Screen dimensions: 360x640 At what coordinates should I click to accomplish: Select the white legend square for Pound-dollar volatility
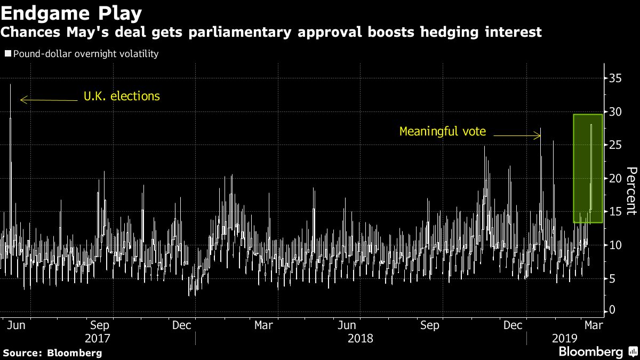coord(7,54)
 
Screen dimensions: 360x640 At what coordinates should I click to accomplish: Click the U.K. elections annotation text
coord(122,97)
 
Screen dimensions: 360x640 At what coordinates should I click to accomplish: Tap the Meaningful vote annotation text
coord(443,131)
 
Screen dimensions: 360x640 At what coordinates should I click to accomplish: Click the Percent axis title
coord(631,191)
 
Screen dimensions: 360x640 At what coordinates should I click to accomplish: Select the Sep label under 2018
coord(430,325)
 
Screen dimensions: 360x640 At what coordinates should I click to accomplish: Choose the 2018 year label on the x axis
coord(360,338)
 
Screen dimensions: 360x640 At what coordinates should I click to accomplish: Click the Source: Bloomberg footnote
coord(52,353)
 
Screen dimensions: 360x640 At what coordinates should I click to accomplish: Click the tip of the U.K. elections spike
coord(10,84)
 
